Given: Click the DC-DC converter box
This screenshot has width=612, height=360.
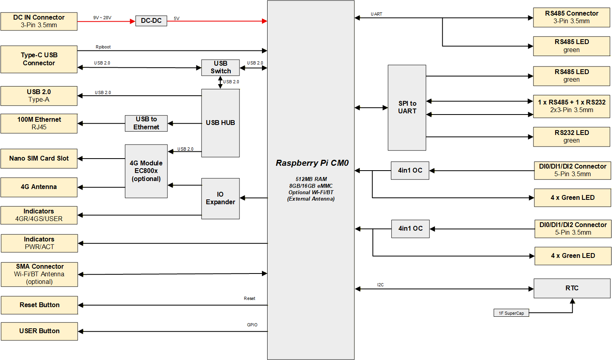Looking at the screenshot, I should [151, 21].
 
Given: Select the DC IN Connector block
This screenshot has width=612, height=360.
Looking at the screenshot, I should [39, 21].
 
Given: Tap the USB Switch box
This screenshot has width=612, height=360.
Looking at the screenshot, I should [220, 68].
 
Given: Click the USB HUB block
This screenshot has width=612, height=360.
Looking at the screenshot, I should [220, 123].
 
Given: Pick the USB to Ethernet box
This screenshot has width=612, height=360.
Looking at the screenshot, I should [146, 123].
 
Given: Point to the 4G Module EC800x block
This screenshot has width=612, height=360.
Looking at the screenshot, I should [146, 171].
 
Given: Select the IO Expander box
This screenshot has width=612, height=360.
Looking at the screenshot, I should [220, 199].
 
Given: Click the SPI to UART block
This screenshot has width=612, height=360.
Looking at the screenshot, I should [407, 108].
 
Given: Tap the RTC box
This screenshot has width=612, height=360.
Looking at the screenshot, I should [572, 288].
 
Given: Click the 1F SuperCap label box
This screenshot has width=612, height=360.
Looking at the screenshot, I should [511, 313].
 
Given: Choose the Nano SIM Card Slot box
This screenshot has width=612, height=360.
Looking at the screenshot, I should [39, 159].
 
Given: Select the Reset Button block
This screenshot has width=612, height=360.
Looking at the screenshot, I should [39, 305].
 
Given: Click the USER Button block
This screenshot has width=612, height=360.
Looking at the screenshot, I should [39, 331].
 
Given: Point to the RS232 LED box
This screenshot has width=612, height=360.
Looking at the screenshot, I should [572, 137].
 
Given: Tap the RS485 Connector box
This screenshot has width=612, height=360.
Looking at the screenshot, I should [572, 17].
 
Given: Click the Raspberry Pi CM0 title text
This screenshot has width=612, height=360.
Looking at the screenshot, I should [312, 163].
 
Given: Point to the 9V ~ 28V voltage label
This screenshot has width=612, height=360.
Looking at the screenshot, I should [102, 18].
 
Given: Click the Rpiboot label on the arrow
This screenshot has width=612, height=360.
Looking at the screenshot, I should [103, 47].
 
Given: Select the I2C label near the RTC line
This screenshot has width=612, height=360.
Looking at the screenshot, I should [380, 285].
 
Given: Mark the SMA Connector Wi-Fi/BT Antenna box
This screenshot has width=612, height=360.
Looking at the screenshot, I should [39, 274].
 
